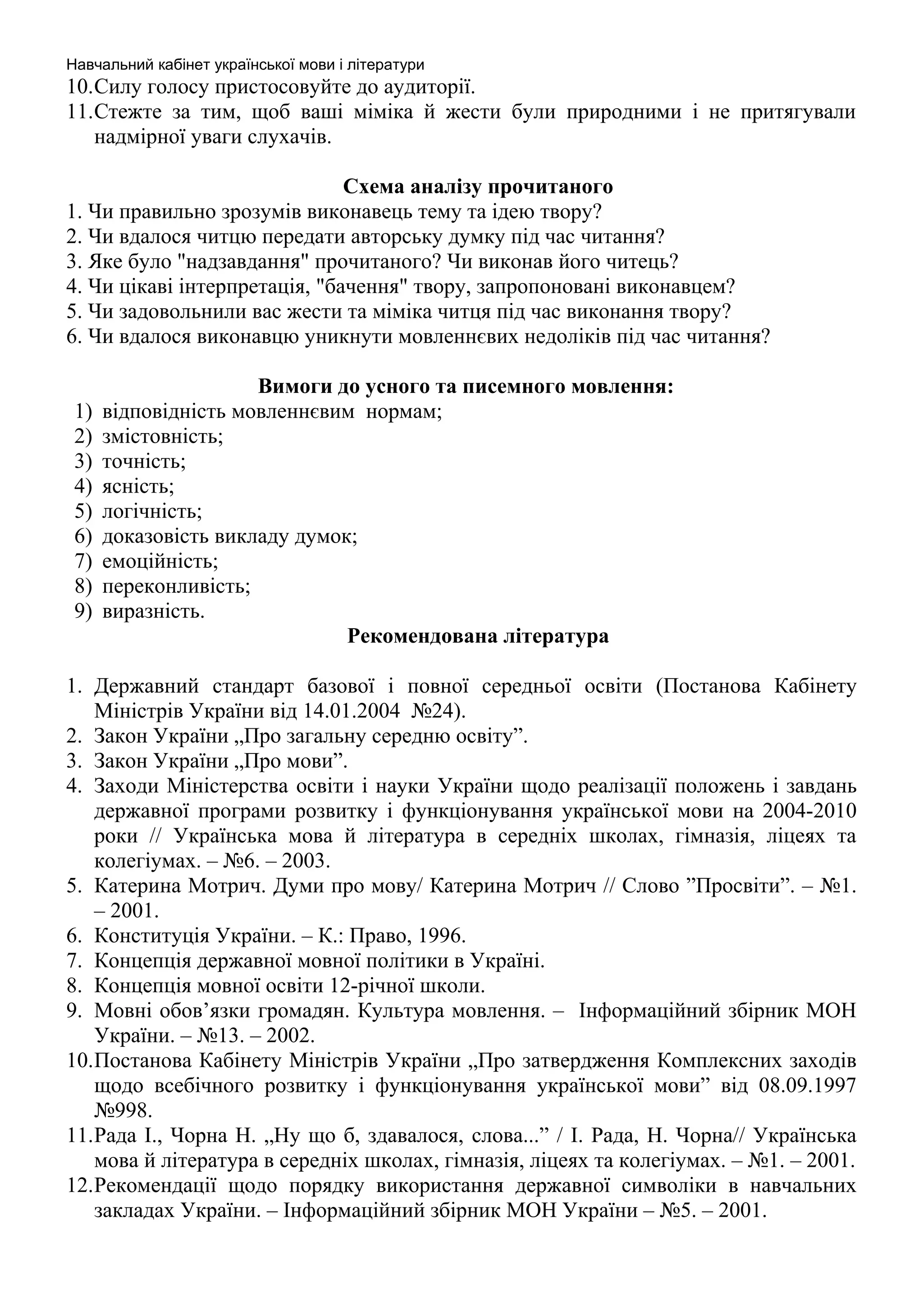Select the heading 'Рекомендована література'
478,635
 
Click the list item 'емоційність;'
160,562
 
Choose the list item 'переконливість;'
176,586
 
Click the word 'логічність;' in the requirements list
152,511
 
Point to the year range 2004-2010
809,811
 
